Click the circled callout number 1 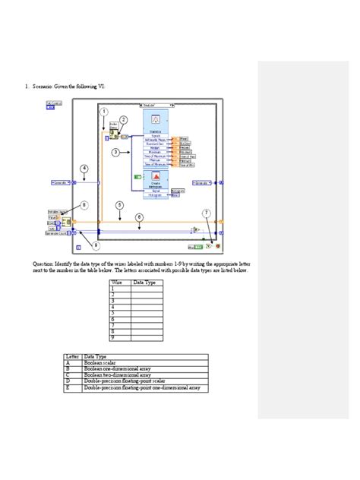point(103,112)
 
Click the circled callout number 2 point(123,120)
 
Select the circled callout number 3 point(115,152)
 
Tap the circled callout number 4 point(84,169)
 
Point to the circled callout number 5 point(119,205)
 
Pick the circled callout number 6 point(139,217)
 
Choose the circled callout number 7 point(207,213)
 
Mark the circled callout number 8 point(84,204)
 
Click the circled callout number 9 point(96,245)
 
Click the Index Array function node point(114,134)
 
